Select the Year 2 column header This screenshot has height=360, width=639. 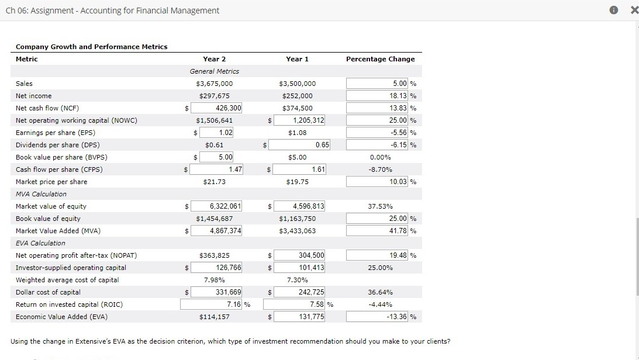point(215,59)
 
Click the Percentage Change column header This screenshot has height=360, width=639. point(380,59)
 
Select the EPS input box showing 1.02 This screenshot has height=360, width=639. point(217,133)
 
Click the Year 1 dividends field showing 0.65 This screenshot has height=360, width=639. point(300,145)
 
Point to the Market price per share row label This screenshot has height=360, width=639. point(51,182)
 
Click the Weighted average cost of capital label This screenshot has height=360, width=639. point(67,280)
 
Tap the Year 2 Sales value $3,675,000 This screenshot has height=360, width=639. point(215,84)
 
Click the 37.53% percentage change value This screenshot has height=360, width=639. point(380,206)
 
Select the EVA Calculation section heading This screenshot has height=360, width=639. point(40,243)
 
